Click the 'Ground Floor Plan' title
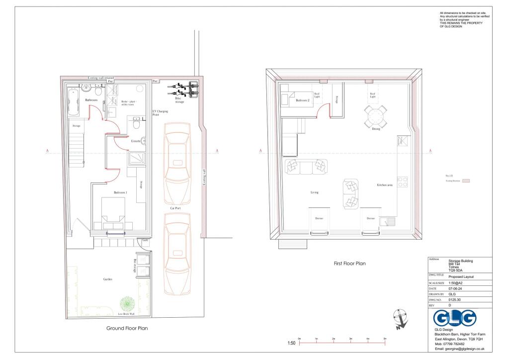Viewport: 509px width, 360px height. click(127, 328)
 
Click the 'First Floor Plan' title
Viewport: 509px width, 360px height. click(349, 264)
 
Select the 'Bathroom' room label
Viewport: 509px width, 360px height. click(91, 100)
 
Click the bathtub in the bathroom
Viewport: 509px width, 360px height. click(73, 101)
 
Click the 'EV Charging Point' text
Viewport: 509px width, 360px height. click(159, 112)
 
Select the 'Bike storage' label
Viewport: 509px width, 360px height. click(179, 100)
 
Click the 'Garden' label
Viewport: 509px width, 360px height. click(108, 279)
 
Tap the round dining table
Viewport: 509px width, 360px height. click(375, 118)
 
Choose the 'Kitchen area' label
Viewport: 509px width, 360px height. click(385, 185)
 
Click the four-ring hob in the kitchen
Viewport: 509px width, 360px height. click(403, 182)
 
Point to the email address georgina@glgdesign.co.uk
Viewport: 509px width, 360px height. click(459, 349)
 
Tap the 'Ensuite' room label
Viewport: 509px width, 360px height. click(136, 141)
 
